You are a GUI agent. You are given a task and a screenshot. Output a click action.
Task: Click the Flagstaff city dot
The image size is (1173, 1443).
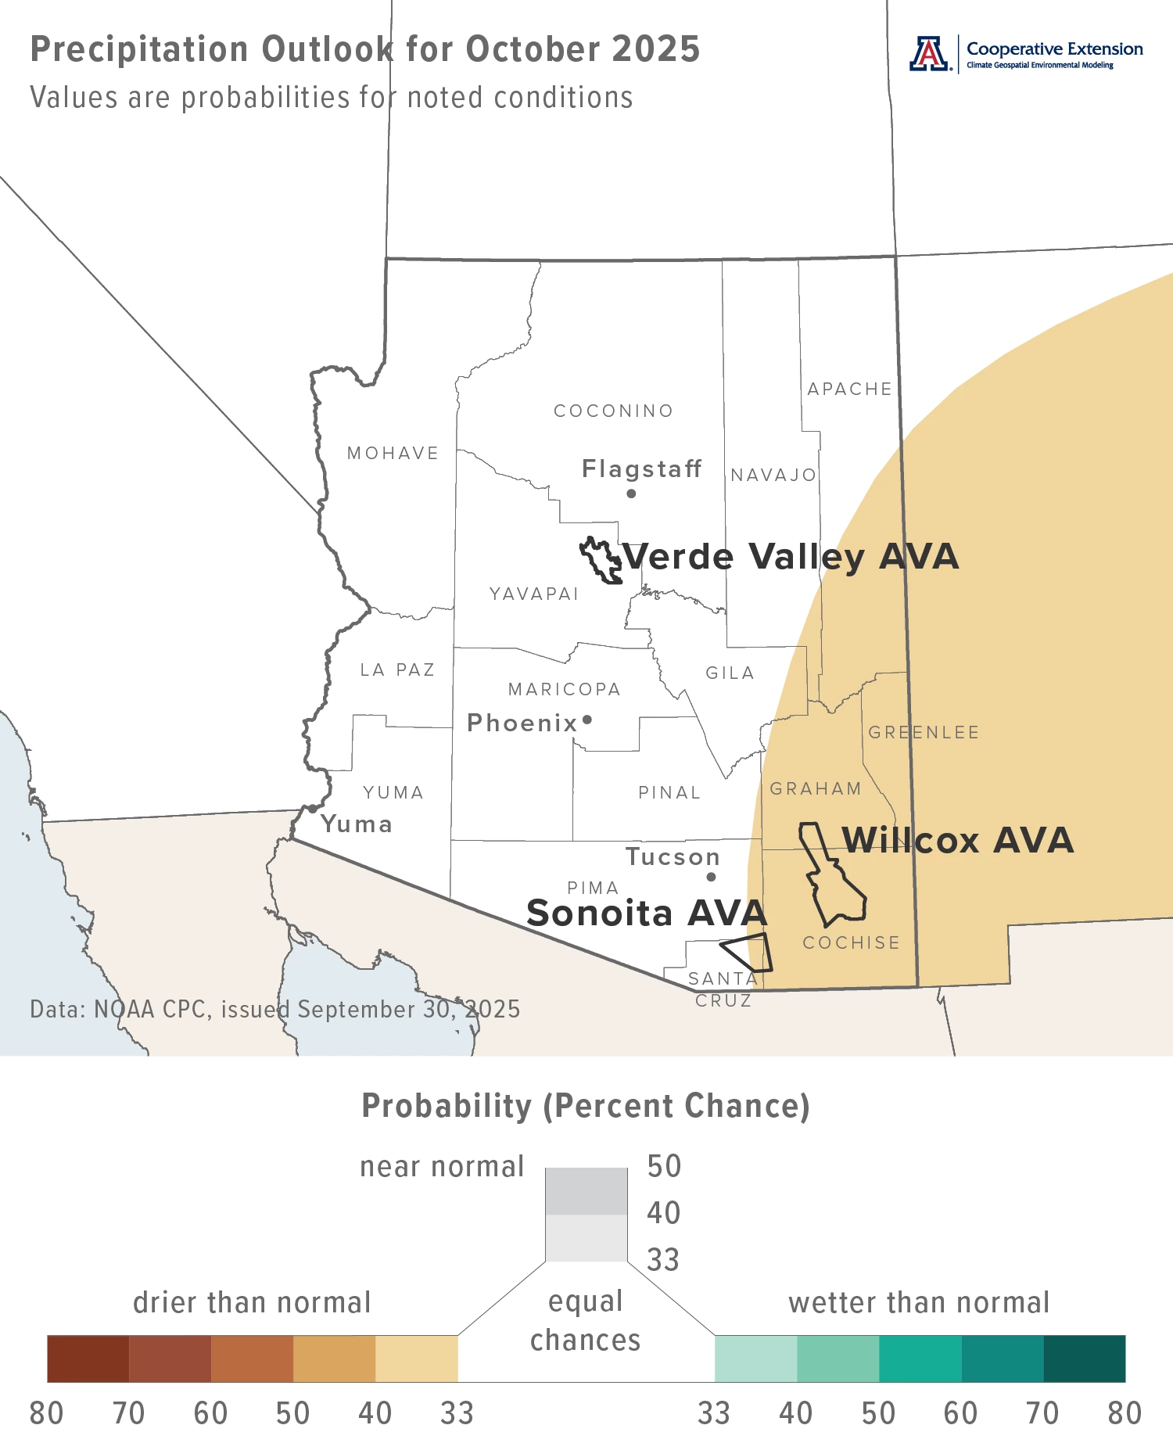pos(631,494)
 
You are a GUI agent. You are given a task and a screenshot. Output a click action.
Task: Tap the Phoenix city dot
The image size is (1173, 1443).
pos(587,720)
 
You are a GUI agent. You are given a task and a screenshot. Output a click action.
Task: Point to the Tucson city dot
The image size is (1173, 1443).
pos(711,877)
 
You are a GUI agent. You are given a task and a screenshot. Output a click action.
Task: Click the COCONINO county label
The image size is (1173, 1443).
pos(613,411)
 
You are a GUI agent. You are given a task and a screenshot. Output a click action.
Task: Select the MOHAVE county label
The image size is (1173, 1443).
pos(393,454)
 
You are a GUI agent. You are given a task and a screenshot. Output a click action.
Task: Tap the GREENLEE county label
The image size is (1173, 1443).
pos(924,733)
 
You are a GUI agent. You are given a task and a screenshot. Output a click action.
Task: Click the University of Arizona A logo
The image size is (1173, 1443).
pos(928,54)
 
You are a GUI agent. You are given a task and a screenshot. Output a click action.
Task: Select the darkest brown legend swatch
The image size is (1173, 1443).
pos(88,1359)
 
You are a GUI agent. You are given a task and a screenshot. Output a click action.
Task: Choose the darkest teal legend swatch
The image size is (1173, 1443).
pos(1084,1359)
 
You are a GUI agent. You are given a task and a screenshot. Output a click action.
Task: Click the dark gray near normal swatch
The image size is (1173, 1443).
pos(586,1190)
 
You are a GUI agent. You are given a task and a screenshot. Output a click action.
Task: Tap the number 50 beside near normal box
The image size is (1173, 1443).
pos(664,1166)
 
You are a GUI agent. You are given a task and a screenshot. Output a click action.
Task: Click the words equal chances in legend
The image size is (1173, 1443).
pos(586,1321)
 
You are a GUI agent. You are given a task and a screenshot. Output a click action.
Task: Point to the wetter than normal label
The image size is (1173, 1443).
pos(918,1303)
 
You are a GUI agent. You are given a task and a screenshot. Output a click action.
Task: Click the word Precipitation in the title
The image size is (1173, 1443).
pos(138,49)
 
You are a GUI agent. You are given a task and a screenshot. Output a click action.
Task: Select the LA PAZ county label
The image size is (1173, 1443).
pos(397,670)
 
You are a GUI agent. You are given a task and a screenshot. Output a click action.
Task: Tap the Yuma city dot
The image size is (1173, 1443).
pos(312,809)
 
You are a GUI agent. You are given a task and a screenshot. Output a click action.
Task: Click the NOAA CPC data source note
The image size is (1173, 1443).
pos(274,1010)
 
